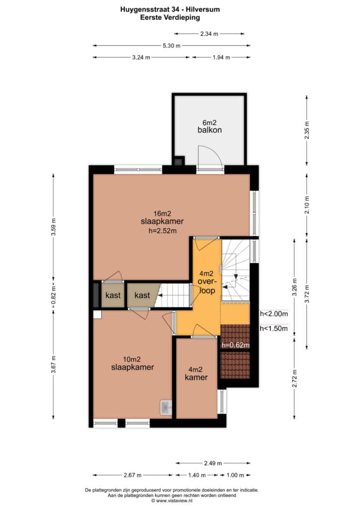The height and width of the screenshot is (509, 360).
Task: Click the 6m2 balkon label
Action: tap(209, 126)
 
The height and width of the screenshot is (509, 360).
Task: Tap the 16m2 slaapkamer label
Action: tap(162, 218)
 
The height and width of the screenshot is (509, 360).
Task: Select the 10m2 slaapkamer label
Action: tap(132, 363)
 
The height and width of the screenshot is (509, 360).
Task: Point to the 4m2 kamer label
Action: tap(196, 373)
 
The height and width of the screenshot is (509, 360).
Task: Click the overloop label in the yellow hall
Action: tap(207, 286)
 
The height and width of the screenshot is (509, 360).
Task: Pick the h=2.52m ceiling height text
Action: tap(162, 231)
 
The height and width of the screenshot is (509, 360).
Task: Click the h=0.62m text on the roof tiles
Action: tap(235, 345)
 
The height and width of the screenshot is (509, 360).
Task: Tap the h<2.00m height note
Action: tap(273, 314)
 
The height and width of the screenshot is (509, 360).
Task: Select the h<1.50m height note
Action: tap(273, 329)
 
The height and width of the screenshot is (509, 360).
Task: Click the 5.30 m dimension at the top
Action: tap(172, 46)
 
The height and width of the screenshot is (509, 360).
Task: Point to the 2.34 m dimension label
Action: tap(209, 33)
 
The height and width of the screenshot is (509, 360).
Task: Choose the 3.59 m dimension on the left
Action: tap(54, 227)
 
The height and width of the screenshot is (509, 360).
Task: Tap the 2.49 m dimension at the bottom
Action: tap(213, 463)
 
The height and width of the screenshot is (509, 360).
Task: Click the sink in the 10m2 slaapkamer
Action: tap(166, 408)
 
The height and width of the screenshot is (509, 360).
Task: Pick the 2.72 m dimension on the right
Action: tap(294, 378)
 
